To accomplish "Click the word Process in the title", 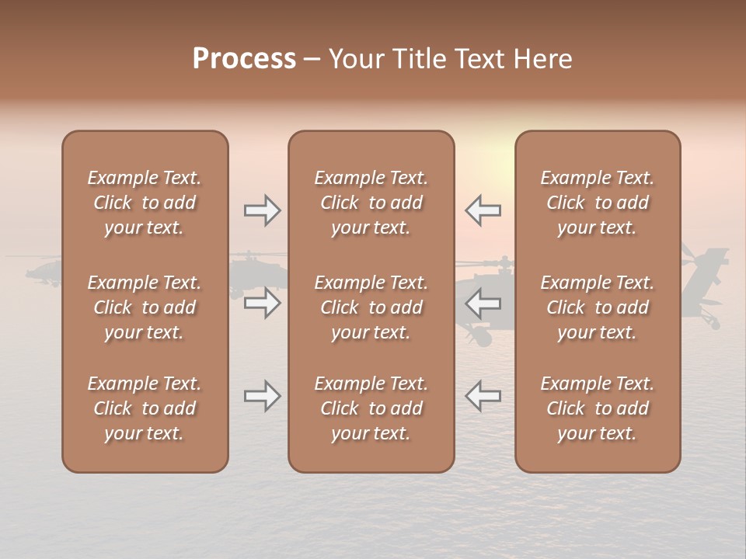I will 244,59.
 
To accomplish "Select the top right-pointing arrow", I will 263,210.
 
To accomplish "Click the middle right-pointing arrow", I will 263,303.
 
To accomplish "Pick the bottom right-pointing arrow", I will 263,396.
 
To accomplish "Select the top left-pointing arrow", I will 483,210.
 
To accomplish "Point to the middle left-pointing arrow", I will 483,303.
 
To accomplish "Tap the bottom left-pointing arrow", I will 483,396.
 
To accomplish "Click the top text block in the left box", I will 145,203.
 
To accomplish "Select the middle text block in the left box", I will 145,307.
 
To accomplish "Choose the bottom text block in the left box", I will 145,408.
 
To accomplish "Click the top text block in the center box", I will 371,203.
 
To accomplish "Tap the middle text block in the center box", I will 371,307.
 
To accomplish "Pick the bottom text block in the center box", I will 371,408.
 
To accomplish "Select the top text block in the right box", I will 597,203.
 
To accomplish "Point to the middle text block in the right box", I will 597,307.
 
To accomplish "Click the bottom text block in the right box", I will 597,408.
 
